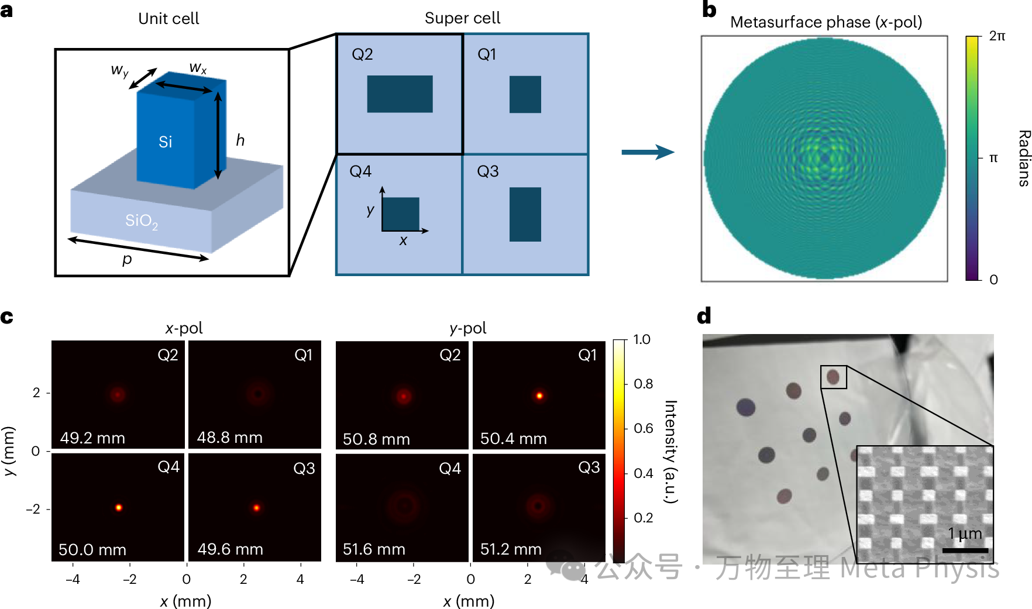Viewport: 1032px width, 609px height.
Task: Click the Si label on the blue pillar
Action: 166,142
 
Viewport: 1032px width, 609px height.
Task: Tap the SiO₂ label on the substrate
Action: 142,221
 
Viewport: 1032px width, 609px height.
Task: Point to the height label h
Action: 240,140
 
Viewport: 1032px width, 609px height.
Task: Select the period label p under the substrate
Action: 127,259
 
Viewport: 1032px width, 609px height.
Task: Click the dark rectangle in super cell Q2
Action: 400,94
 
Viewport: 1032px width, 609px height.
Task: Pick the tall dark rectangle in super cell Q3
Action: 525,214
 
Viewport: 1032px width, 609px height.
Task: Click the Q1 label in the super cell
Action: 487,54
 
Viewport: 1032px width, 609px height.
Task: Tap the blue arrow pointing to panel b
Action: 647,152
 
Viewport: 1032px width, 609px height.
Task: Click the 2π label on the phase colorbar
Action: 997,36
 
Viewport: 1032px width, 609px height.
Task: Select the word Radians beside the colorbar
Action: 1023,158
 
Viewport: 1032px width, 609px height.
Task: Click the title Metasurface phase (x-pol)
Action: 825,22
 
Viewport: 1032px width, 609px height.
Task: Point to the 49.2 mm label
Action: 92,438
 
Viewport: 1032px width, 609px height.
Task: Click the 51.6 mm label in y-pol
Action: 374,549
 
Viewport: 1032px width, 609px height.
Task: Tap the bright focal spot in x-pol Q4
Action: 119,507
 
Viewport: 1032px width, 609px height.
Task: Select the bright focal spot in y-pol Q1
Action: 539,396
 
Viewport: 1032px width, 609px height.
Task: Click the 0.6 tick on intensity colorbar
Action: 643,428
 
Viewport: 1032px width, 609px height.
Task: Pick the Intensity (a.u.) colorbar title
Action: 670,451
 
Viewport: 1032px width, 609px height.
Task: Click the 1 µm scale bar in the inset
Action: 965,550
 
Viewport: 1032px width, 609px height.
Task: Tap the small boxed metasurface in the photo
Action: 833,377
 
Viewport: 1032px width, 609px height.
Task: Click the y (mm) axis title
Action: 9,451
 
